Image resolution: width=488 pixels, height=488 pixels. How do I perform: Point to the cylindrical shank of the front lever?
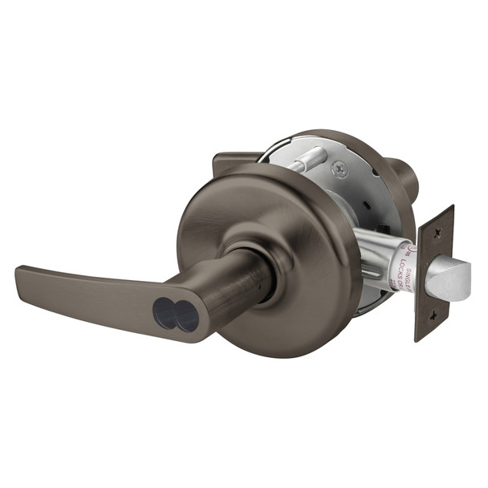[x=233, y=293]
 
